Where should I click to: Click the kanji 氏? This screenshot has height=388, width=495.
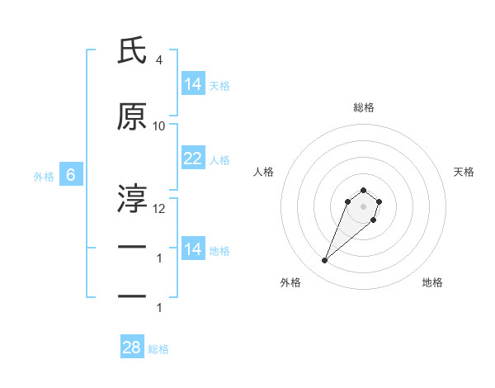click(x=132, y=51)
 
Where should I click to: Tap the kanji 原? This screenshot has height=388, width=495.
click(x=132, y=117)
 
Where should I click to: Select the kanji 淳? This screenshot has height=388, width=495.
click(x=132, y=197)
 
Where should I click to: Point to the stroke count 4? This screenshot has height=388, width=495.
click(x=159, y=60)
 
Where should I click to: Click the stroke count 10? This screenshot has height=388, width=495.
click(x=159, y=126)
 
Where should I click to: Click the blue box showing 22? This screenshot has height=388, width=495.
click(x=193, y=159)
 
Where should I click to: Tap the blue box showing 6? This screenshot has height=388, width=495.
click(x=71, y=175)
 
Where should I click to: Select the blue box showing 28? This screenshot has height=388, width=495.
click(x=132, y=348)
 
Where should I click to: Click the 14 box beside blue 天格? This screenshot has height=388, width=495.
click(x=193, y=83)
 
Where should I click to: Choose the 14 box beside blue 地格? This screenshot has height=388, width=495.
click(x=193, y=249)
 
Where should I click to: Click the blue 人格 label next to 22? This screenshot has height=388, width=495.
click(x=219, y=160)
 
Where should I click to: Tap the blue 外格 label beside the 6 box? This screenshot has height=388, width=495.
click(x=43, y=176)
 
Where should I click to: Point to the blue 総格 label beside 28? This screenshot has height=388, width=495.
click(x=158, y=349)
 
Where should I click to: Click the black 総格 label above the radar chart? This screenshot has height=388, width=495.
click(x=364, y=107)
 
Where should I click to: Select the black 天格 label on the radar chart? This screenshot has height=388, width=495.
click(x=464, y=172)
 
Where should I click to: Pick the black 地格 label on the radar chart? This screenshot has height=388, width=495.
click(x=432, y=282)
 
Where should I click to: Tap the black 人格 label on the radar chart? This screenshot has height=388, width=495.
click(x=263, y=172)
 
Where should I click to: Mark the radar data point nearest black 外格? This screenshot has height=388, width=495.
click(x=325, y=261)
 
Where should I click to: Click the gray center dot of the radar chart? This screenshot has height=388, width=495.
click(x=364, y=206)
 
